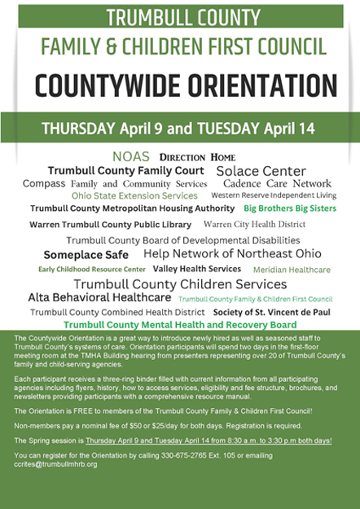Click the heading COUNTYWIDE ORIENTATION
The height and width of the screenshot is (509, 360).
click(180, 85)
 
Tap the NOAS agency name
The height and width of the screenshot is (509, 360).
click(132, 156)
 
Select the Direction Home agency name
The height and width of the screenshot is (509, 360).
click(197, 156)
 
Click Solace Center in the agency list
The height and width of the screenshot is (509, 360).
click(261, 171)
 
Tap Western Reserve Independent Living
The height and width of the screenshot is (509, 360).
click(273, 196)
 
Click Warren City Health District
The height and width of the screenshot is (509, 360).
click(254, 224)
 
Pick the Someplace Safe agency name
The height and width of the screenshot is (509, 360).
click(86, 254)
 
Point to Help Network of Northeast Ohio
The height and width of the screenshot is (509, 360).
click(232, 254)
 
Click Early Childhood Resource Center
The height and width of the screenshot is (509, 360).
click(92, 269)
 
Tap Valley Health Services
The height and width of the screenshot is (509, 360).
click(197, 269)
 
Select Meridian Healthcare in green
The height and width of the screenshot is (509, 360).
click(292, 270)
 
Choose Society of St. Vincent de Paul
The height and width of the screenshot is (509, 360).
click(272, 312)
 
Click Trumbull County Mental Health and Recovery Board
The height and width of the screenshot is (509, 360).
click(180, 324)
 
